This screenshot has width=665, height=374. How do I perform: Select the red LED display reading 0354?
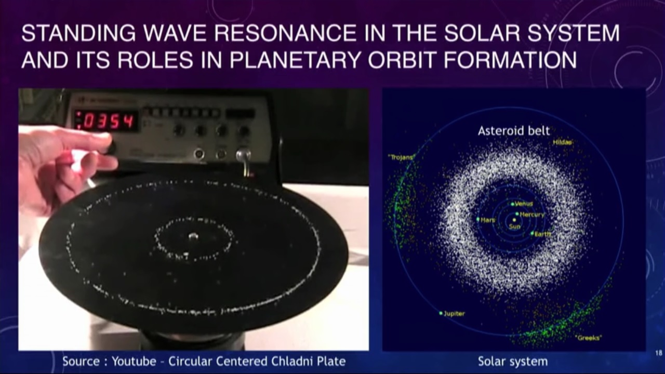tap(106, 121)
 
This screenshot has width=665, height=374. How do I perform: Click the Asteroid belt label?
tap(513, 131)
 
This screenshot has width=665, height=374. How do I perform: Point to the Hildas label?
tap(563, 142)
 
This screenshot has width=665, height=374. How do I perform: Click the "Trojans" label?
tap(401, 157)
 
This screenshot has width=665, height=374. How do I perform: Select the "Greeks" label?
tap(588, 338)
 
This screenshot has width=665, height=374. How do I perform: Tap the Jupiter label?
tap(454, 314)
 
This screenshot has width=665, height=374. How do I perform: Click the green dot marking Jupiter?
tap(441, 313)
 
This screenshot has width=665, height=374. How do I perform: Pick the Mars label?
tap(488, 220)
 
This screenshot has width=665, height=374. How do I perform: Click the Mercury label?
tap(532, 215)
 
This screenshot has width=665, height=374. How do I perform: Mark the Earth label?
tap(543, 234)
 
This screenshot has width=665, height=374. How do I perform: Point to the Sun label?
tap(514, 226)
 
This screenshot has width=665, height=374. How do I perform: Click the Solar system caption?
tap(512, 361)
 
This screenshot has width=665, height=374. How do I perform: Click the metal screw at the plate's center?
tap(193, 237)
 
